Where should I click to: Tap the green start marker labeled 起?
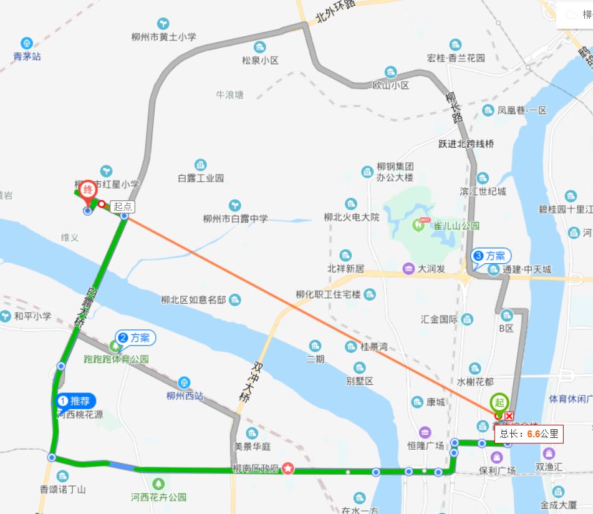coord(500,402)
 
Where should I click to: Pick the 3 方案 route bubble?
coord(491,256)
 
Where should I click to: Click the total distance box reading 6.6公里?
coord(529,434)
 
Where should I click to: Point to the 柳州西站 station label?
coord(185,395)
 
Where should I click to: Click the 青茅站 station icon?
coord(27,44)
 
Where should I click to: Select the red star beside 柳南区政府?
coord(287,468)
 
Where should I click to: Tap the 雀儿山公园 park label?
coord(456,225)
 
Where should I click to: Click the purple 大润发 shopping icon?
coord(408,269)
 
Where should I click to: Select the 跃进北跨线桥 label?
coord(466,144)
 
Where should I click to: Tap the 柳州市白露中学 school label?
coord(235,218)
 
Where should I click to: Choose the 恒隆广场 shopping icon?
coord(425,432)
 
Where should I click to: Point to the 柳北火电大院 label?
coord(351,217)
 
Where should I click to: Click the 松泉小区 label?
coord(260,61)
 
